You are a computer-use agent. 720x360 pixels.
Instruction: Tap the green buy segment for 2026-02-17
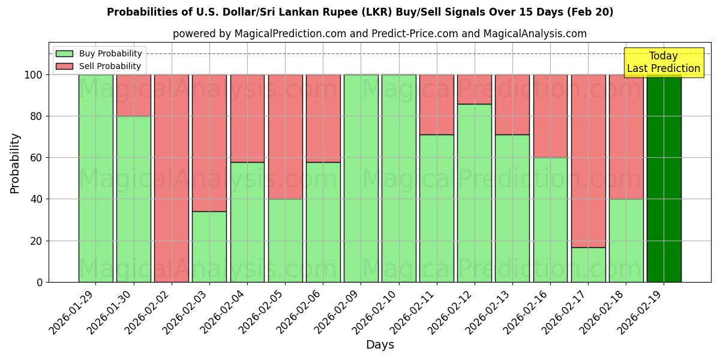(588, 265)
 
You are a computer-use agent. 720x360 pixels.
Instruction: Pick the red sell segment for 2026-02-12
(475, 89)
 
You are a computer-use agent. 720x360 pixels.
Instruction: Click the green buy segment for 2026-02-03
(209, 247)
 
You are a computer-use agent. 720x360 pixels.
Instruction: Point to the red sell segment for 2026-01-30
(133, 95)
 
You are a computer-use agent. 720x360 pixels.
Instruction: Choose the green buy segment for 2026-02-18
(626, 240)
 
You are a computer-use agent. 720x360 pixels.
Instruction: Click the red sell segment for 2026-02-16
(550, 116)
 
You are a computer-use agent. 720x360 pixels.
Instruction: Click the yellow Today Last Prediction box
(664, 62)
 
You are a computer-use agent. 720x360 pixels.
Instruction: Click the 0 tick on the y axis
(40, 282)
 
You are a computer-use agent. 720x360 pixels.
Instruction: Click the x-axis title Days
(380, 345)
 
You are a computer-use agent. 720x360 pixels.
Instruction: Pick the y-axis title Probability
(15, 163)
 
